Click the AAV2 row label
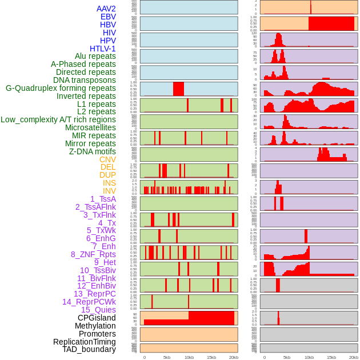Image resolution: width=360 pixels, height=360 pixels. (x=106, y=9)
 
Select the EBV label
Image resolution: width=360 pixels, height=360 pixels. (x=108, y=17)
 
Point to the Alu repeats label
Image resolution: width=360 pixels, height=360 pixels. (x=95, y=56)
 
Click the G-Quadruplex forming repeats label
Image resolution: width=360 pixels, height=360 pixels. (x=61, y=88)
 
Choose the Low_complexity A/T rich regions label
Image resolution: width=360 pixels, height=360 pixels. (x=58, y=119)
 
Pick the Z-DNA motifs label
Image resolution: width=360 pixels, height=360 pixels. (x=93, y=151)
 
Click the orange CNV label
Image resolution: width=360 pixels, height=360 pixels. (x=107, y=159)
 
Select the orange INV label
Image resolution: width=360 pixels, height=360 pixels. (x=109, y=191)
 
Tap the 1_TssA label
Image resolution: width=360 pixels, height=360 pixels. (x=103, y=199)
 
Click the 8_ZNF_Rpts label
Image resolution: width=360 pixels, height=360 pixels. (x=93, y=254)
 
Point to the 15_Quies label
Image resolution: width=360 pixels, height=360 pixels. (x=98, y=310)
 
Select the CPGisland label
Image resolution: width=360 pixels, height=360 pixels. (x=97, y=318)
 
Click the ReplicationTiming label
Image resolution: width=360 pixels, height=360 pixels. (x=84, y=342)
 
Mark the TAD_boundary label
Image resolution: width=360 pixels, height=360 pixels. (x=89, y=349)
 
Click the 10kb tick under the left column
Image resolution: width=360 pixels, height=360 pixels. (x=189, y=357)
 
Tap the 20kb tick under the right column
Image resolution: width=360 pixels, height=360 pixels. (x=354, y=357)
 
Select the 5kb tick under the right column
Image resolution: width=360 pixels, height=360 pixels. (x=287, y=357)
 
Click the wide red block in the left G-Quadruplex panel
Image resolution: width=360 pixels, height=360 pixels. (x=178, y=89)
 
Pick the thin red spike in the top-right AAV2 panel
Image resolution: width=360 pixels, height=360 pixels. (x=311, y=7)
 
